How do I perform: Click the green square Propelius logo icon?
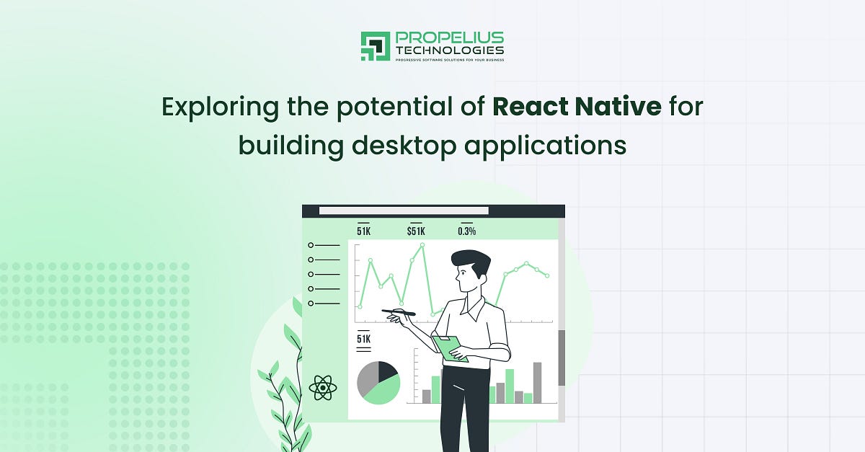click(375, 46)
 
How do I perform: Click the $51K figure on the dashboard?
click(416, 231)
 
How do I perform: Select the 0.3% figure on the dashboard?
click(466, 231)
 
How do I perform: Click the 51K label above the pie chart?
click(363, 339)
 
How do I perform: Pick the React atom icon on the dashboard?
click(322, 388)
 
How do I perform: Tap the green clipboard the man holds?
click(449, 348)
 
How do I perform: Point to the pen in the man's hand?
click(399, 312)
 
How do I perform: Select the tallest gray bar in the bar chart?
click(537, 382)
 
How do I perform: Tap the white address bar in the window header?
click(404, 211)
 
